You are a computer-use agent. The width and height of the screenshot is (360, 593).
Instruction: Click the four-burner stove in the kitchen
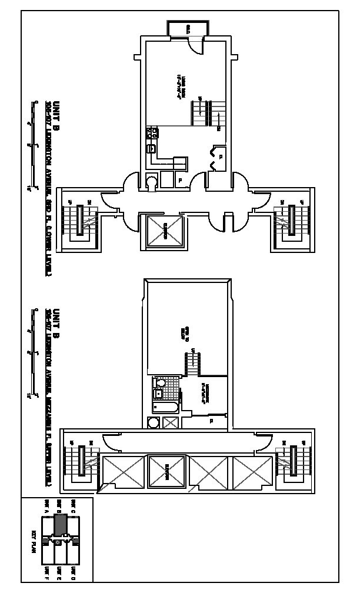(151, 133)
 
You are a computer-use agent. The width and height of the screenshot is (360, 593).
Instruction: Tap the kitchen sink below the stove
(151, 149)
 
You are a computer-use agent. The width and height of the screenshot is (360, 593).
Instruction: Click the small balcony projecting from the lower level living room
(187, 28)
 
